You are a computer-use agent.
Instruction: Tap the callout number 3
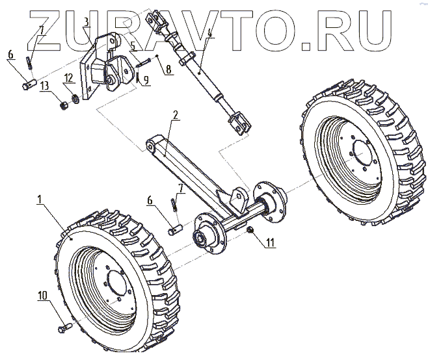pyautogui.click(x=87, y=21)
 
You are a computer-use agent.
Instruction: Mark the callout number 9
pyautogui.click(x=146, y=79)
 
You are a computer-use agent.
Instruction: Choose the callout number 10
pyautogui.click(x=43, y=296)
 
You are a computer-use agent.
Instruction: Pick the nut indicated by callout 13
pyautogui.click(x=64, y=103)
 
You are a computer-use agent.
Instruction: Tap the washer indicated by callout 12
pyautogui.click(x=75, y=99)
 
